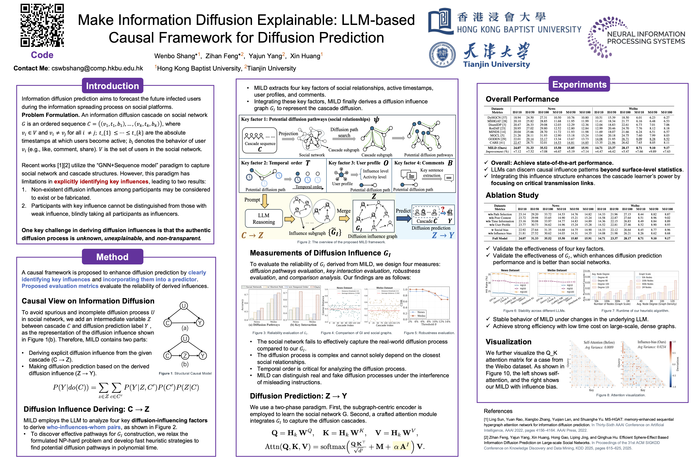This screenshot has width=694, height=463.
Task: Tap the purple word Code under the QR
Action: [42, 55]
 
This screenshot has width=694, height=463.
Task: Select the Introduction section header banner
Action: [112, 86]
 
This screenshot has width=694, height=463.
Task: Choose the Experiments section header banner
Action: [579, 84]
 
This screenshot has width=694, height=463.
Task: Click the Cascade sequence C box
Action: [260, 141]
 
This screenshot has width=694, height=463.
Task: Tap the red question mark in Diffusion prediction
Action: [443, 209]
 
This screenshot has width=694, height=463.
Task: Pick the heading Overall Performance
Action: [522, 99]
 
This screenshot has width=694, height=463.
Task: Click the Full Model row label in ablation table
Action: [500, 238]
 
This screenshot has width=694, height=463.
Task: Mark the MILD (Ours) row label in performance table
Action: [497, 148]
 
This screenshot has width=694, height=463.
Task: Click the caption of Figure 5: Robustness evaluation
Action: [429, 333]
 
